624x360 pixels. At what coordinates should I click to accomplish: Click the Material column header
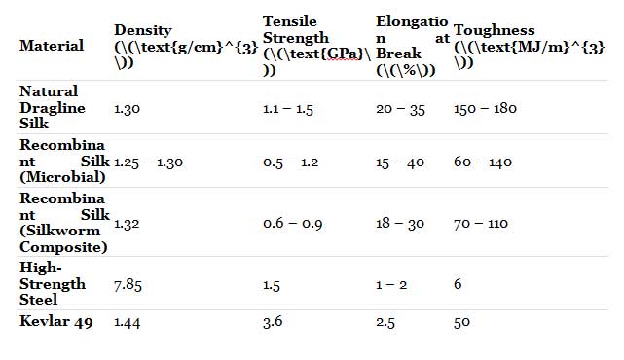tap(52, 46)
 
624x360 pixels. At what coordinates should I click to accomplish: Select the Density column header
tap(186, 47)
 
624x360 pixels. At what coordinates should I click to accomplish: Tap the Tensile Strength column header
tap(316, 46)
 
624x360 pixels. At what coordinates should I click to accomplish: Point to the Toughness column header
tap(530, 47)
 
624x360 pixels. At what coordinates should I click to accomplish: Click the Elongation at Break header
tap(413, 46)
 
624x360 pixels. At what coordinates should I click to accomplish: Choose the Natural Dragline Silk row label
tap(53, 107)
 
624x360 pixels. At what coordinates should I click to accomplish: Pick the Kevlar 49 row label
tap(56, 321)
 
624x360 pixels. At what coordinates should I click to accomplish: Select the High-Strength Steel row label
tap(53, 283)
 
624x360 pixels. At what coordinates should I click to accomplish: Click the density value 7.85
tap(128, 285)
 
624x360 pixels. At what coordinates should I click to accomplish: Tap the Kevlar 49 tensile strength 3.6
tap(273, 321)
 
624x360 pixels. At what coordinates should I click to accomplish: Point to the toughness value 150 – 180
tap(485, 108)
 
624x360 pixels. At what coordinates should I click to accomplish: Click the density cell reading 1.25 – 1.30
tap(148, 162)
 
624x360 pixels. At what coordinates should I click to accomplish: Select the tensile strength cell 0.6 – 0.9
tap(292, 224)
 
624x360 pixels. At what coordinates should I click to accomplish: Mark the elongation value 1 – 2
tap(391, 285)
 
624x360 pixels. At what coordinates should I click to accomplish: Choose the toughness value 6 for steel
tap(458, 284)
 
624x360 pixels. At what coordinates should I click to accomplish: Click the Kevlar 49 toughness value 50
tap(461, 322)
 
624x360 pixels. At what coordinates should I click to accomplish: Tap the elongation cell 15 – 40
tap(400, 162)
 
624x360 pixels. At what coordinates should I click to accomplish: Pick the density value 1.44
tap(127, 322)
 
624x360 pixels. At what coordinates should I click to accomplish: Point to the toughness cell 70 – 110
tap(481, 224)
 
